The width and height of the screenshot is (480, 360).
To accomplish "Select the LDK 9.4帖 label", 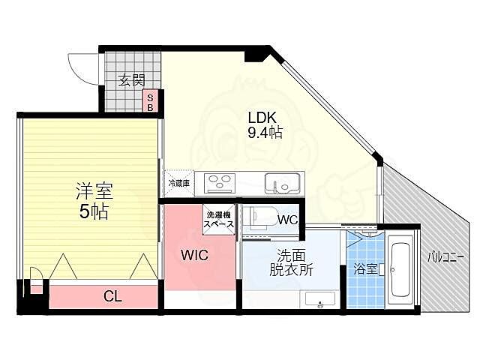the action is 265,125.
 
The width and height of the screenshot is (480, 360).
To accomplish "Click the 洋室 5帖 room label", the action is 94,201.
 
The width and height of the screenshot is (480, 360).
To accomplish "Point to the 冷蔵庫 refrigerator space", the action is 179,183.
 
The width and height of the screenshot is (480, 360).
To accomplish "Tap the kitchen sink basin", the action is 282,183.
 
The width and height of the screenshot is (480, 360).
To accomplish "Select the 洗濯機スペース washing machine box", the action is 219,220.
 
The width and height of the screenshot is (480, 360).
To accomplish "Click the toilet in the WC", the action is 261,217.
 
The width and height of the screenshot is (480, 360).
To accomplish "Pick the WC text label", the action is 287,220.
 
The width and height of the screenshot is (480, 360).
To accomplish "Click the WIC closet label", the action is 194,255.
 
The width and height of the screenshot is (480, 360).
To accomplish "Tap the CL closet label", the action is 112,296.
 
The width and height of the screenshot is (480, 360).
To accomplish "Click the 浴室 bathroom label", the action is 365,269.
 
